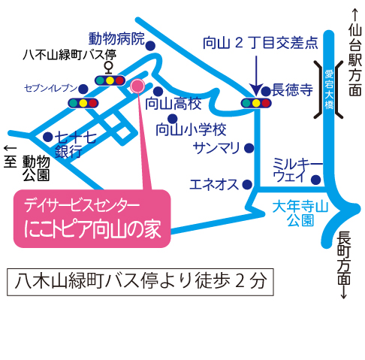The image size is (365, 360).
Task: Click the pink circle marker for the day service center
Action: pos(137,86)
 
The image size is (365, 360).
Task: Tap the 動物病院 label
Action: pos(116,39)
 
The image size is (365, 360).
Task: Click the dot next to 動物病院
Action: pos(150,46)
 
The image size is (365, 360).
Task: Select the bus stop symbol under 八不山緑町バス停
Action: pos(109,68)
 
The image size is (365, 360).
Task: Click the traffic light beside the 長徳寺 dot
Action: pos(256,103)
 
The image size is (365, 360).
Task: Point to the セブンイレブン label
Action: pos(51,88)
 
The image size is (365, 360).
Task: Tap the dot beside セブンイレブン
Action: pos(83,89)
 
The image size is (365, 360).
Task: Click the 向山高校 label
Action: pos(173,104)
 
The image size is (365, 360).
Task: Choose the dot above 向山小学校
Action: pos(173,119)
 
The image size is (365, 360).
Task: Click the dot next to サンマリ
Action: pos(249,148)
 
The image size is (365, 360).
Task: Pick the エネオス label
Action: pos(214,185)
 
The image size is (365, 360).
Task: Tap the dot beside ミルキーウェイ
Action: pos(316,180)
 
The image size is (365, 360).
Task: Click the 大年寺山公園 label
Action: pos(300,213)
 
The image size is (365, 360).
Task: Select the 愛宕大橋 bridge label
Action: pos(329,89)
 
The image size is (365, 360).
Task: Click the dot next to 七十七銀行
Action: pos(47,137)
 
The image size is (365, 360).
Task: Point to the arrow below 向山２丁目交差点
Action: pos(256,75)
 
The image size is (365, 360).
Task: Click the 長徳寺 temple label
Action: pos(292,89)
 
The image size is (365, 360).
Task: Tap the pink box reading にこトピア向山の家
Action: pos(92,219)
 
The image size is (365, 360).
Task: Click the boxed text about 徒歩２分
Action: pos(140,282)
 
